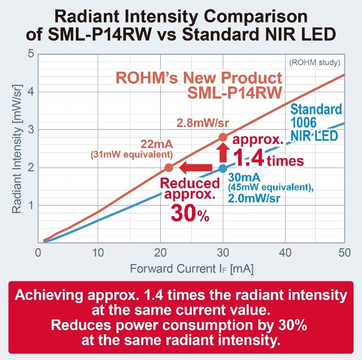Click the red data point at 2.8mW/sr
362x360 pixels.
click(x=223, y=138)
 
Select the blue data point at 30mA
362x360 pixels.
click(x=223, y=169)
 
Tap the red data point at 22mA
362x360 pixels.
click(x=169, y=168)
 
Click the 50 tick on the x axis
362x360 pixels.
click(x=345, y=252)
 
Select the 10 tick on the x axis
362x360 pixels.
click(x=97, y=252)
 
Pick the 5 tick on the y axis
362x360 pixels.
click(x=31, y=54)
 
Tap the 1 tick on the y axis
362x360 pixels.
click(x=31, y=206)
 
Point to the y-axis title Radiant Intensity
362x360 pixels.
click(x=17, y=148)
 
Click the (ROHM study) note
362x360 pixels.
click(x=315, y=63)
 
